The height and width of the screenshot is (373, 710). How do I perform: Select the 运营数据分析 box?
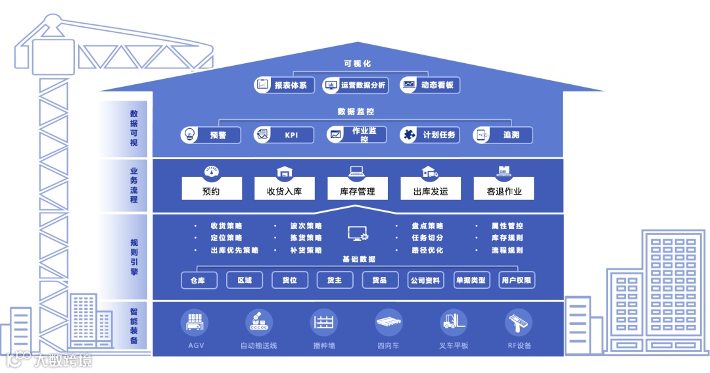(356, 85)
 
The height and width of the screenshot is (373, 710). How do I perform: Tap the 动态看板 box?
(430, 85)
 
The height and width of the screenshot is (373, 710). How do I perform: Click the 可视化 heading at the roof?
(357, 64)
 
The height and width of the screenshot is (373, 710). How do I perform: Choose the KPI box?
(284, 135)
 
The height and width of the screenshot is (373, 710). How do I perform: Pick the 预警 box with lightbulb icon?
(210, 135)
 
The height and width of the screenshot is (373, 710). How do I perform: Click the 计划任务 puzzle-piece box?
(431, 135)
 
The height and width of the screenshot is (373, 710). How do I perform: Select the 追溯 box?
(503, 135)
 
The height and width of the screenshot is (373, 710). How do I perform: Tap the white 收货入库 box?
(284, 191)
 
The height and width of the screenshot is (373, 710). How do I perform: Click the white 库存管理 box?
(357, 191)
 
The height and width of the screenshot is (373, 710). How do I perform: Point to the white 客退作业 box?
(504, 191)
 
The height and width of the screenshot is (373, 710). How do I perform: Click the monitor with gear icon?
(358, 233)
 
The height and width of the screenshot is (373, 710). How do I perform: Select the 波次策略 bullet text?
(306, 226)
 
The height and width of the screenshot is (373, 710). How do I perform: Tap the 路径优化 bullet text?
(427, 251)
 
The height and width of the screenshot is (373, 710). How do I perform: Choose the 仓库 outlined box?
(199, 280)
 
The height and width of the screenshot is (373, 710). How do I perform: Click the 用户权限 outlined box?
(517, 280)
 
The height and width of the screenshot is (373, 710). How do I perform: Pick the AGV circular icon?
(195, 322)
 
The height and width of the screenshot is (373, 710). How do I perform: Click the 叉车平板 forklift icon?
(454, 322)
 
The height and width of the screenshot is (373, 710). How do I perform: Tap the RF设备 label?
(519, 345)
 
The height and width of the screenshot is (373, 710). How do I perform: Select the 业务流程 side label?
(134, 185)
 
